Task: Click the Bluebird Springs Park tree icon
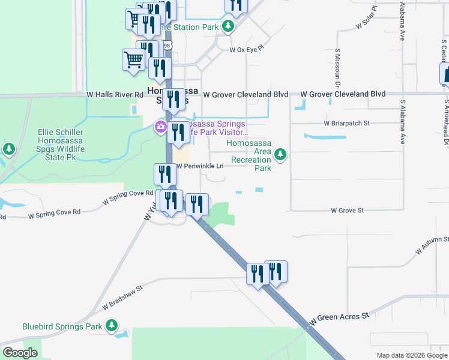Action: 111,326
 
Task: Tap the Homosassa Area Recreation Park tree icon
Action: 280,155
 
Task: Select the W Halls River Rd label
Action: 115,95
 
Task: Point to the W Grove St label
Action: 348,211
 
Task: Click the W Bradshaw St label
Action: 122,298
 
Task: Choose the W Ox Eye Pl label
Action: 247,50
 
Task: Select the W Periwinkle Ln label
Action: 199,166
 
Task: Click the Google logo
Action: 20,353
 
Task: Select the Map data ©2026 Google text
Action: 412,355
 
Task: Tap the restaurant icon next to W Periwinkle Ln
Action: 164,174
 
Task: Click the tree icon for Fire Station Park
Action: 228,26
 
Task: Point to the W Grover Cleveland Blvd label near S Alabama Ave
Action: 343,94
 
